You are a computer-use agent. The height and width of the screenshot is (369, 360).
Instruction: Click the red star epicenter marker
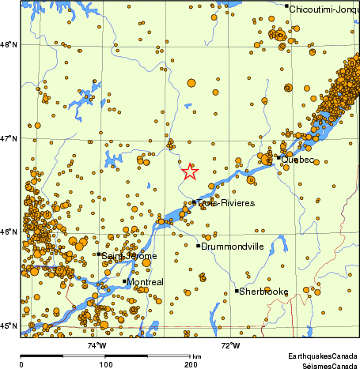point(190,171)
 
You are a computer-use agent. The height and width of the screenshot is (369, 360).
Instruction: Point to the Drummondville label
point(232,247)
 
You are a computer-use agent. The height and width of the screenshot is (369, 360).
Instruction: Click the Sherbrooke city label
point(264,292)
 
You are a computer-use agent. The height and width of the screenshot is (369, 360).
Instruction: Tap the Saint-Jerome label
point(129,256)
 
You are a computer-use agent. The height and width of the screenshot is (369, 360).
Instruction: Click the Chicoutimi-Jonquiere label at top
point(323,9)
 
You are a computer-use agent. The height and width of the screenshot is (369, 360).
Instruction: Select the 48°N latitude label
point(9,44)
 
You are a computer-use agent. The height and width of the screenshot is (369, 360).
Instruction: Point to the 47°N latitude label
point(9,138)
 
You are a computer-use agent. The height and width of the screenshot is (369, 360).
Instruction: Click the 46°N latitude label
point(9,232)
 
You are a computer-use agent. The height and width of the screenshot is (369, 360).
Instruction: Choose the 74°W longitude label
point(97,345)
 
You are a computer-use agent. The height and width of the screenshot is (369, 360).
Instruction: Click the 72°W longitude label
point(230,345)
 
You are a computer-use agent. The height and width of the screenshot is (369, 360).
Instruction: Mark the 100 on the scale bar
point(105,363)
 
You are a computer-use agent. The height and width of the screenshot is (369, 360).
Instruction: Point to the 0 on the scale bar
point(21,363)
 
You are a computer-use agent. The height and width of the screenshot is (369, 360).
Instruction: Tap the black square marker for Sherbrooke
point(237,291)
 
